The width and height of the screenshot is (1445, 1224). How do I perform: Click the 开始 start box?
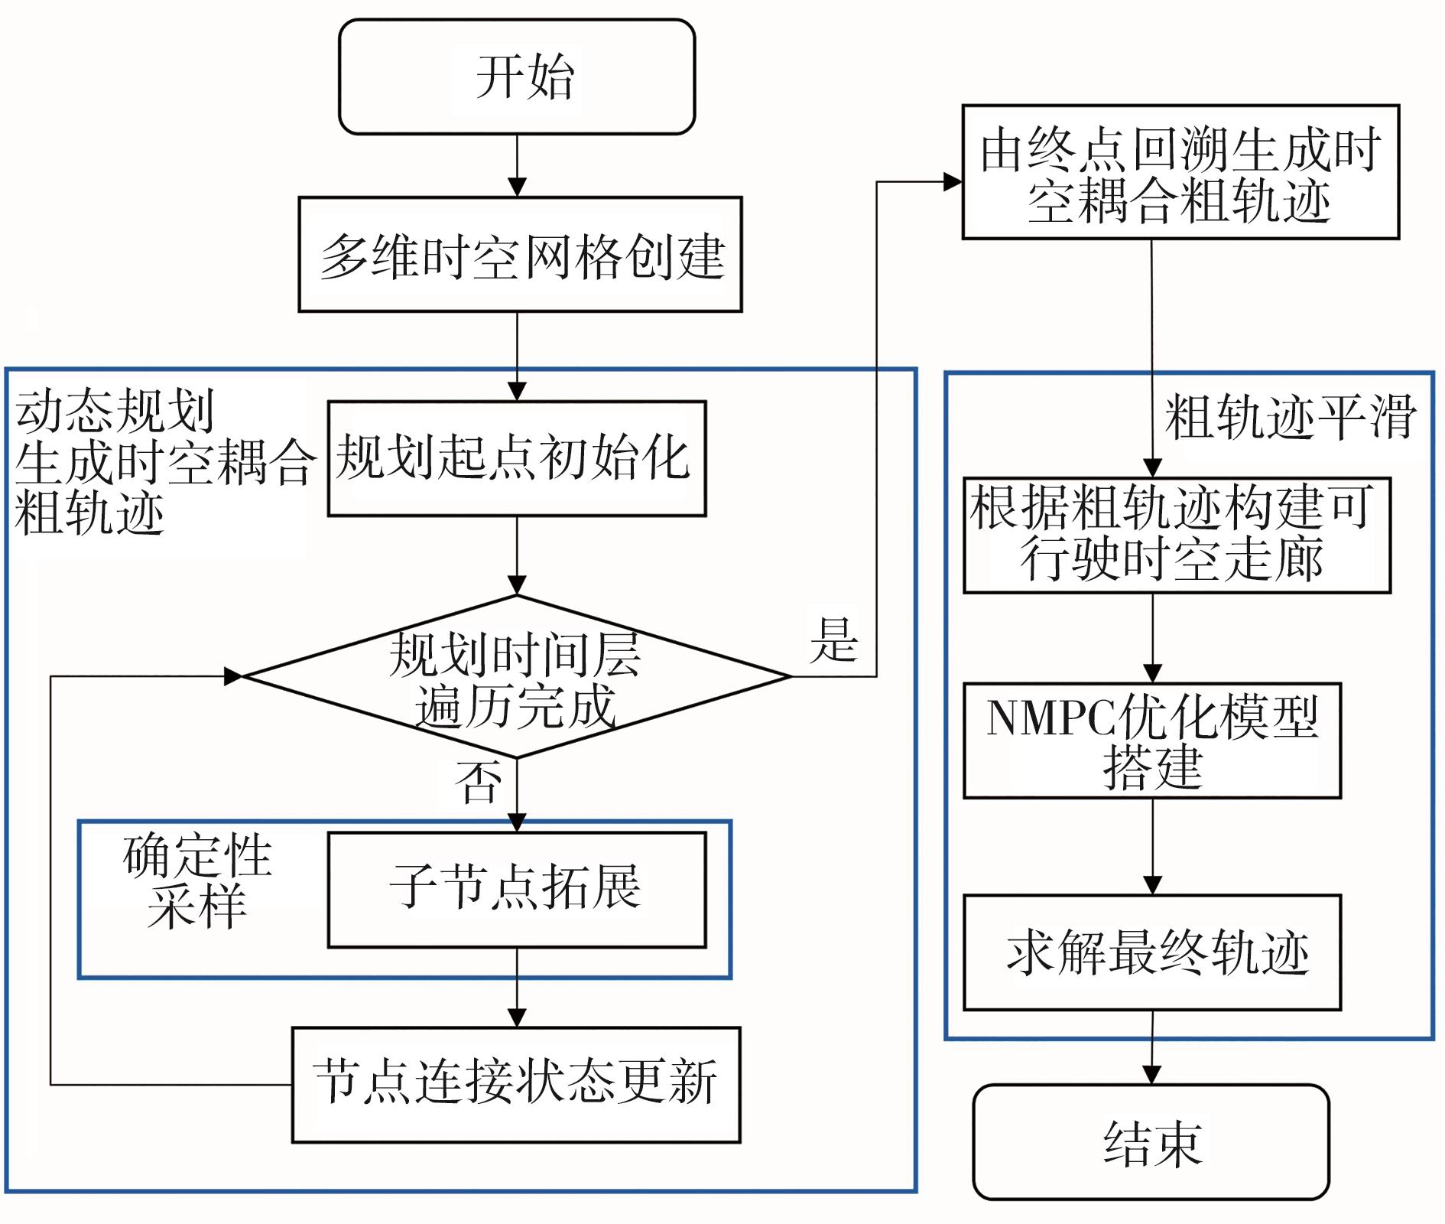tap(517, 76)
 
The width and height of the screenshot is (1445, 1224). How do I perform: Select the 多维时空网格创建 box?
tap(520, 255)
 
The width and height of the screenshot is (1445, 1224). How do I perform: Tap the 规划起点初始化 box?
tap(517, 458)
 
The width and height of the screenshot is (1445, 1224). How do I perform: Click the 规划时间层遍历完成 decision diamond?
tap(517, 677)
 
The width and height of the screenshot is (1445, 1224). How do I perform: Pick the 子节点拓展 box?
tap(517, 890)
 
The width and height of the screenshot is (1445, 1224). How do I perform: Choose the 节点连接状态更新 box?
tap(516, 1084)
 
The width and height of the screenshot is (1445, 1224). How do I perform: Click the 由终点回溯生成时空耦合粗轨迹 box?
tap(1180, 172)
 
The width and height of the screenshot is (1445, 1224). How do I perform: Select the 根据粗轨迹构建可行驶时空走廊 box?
tap(1177, 535)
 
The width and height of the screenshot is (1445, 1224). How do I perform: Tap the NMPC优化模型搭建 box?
tap(1152, 741)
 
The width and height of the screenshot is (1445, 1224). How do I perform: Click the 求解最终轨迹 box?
tap(1152, 952)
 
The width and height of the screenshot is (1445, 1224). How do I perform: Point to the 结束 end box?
tap(1151, 1141)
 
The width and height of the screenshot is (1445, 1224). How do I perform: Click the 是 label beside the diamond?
tap(833, 640)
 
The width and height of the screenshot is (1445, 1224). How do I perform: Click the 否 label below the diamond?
tap(479, 782)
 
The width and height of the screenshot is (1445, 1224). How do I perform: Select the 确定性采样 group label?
tap(197, 881)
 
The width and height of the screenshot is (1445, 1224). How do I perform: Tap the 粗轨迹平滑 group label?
tap(1290, 418)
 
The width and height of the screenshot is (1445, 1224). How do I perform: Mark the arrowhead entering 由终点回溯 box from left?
tap(953, 182)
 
